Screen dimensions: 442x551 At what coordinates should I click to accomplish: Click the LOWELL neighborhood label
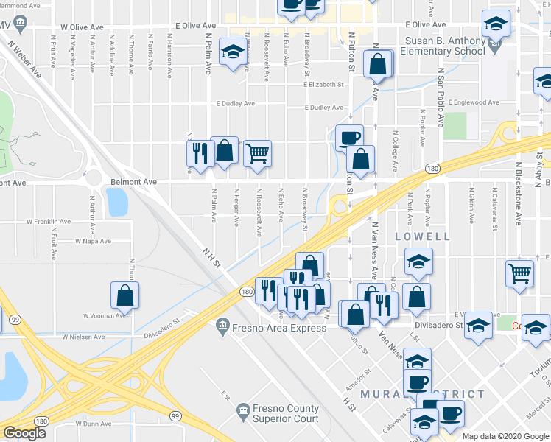422,236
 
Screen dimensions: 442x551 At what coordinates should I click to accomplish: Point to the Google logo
24,434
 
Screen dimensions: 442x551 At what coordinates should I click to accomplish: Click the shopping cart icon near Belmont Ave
257,154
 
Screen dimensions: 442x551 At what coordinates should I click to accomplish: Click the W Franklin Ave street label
49,221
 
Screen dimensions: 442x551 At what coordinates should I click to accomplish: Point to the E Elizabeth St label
324,85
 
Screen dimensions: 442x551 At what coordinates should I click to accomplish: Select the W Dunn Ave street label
94,424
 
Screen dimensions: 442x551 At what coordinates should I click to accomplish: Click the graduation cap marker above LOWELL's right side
418,263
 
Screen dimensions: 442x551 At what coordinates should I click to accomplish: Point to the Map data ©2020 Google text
505,436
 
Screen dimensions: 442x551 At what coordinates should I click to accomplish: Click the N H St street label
213,261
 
